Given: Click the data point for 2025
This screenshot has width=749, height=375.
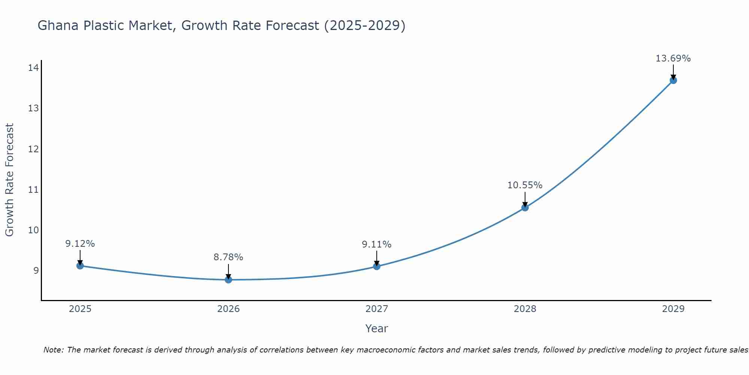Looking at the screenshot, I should (x=80, y=265).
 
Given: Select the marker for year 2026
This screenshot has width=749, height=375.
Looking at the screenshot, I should (x=228, y=279).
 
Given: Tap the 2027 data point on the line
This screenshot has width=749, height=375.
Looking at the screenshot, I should (x=376, y=266).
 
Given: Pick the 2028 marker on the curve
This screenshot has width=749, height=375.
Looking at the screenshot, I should (x=525, y=207).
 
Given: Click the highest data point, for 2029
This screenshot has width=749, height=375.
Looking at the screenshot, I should (x=673, y=80).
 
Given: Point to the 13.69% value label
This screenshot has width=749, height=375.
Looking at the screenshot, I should (x=673, y=58).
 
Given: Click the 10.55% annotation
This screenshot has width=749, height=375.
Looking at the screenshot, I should (x=525, y=185).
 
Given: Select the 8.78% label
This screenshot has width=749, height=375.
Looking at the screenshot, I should (x=228, y=257).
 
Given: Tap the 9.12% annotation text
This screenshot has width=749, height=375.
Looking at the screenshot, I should (x=80, y=244).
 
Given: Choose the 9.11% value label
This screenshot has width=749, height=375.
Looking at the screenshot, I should (x=376, y=244).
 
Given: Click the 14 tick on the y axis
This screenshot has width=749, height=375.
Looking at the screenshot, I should (x=33, y=68).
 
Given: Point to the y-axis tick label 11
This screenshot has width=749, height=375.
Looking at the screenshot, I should (x=33, y=189).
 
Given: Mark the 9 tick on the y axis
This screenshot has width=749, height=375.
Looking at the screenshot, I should (x=36, y=270).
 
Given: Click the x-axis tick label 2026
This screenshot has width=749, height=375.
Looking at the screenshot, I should (x=228, y=309).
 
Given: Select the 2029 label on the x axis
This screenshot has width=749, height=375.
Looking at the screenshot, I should (x=673, y=309).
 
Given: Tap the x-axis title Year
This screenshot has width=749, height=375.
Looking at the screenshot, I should (x=376, y=328).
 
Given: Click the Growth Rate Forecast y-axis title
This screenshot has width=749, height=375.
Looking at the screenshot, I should (x=9, y=180).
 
